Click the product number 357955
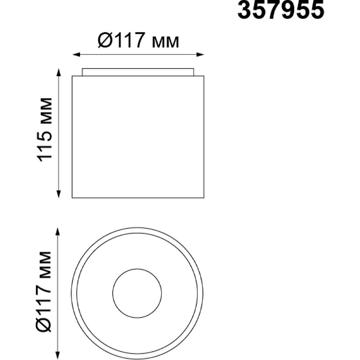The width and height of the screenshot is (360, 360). click(x=281, y=10)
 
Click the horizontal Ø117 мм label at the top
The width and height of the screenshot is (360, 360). click(x=138, y=40)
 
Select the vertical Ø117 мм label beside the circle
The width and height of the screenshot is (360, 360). click(x=44, y=292)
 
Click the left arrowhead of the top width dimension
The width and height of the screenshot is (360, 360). click(x=76, y=55)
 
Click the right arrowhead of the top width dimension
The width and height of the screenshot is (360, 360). click(x=200, y=55)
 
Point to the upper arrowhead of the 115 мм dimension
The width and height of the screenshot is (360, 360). click(x=59, y=72)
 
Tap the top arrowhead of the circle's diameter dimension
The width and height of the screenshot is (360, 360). click(x=58, y=232)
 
